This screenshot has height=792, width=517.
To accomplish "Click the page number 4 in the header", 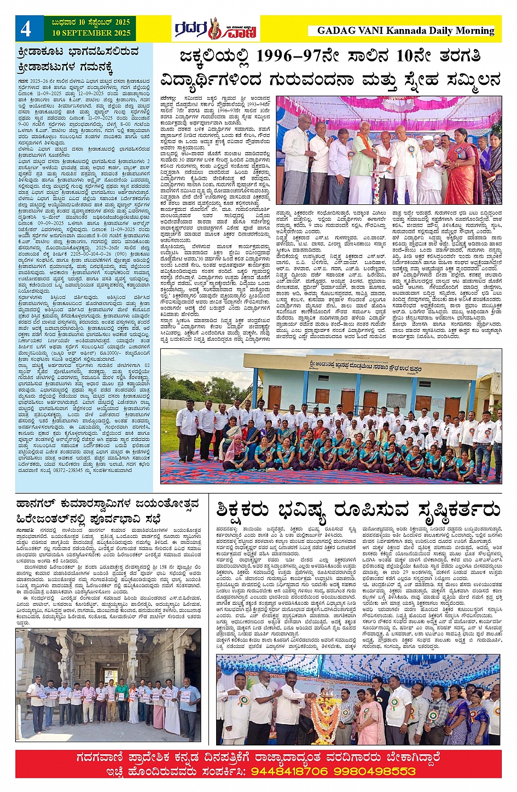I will click(x=26, y=29).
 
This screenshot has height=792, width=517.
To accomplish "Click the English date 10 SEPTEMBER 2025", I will click(x=91, y=33).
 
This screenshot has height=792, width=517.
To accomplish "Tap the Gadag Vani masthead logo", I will click(x=216, y=28).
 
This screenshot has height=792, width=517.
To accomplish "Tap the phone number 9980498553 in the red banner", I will click(x=377, y=771).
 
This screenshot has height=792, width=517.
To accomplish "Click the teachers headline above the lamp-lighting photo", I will click(x=358, y=509).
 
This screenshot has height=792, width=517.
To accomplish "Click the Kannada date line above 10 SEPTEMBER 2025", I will click(x=91, y=22).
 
